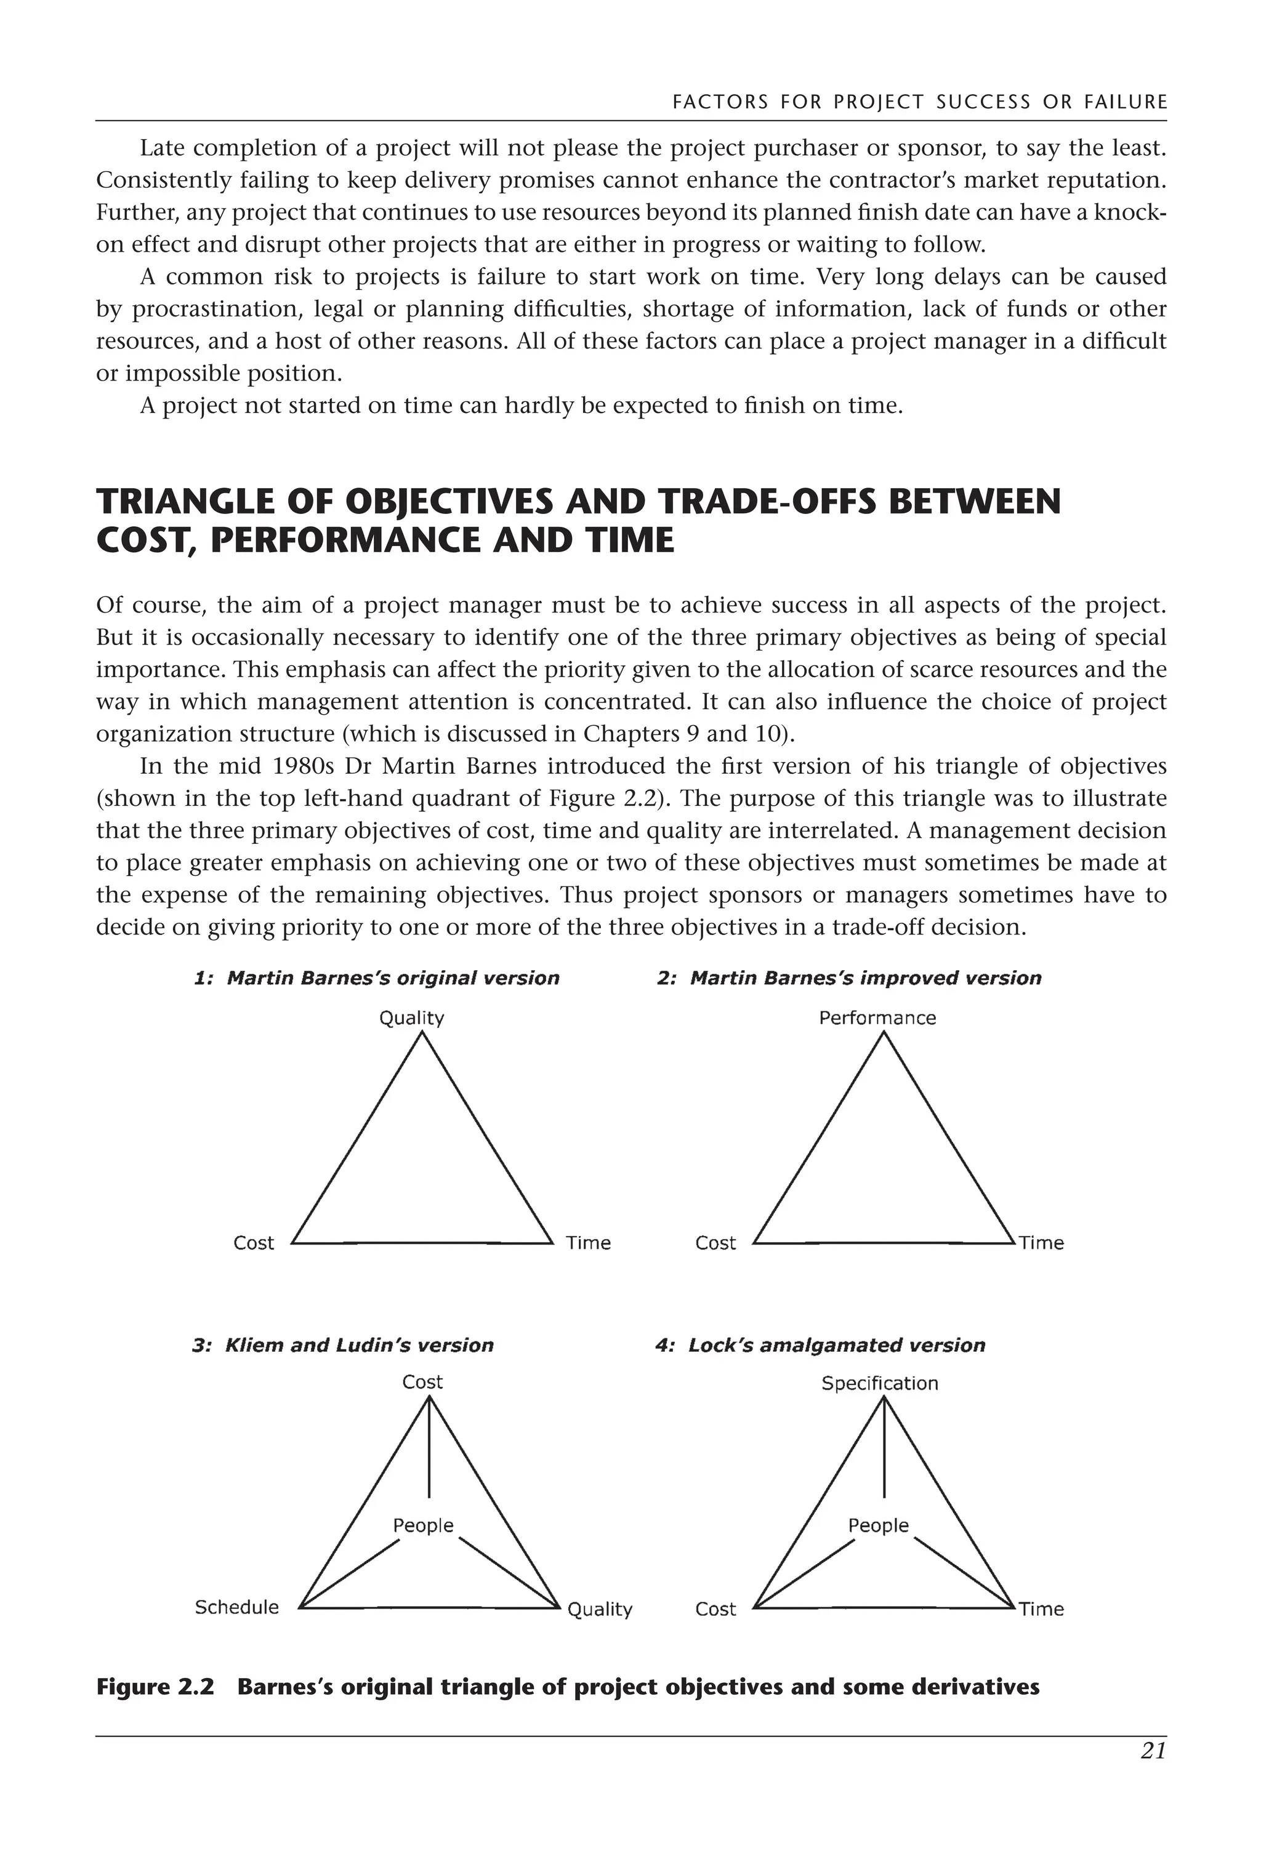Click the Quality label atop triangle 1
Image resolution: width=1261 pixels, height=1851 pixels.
[411, 1018]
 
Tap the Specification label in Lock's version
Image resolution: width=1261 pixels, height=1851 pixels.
[879, 1383]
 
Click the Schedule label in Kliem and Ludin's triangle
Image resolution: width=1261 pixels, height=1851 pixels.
[236, 1607]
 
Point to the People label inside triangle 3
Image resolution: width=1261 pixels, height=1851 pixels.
[423, 1525]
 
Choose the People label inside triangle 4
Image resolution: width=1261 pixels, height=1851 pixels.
[878, 1525]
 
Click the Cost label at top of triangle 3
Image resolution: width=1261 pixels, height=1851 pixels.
[422, 1382]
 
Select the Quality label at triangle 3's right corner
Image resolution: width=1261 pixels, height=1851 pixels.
[599, 1610]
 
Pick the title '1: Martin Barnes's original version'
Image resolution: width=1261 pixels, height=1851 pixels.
[377, 978]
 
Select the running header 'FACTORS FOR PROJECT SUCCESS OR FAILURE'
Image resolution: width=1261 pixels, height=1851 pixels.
[919, 103]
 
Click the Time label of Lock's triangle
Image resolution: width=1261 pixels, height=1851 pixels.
[1041, 1610]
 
